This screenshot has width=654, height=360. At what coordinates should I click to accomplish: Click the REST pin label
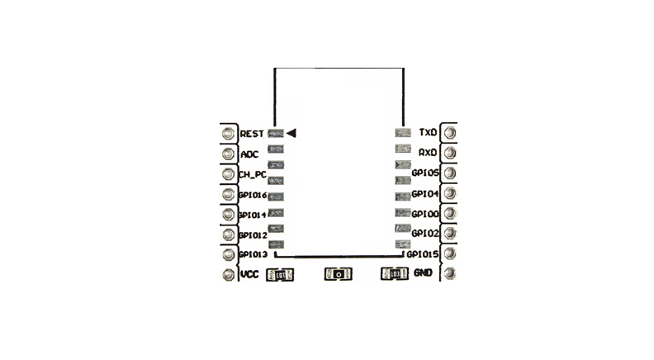point(252,133)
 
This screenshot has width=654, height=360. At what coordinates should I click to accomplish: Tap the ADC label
point(249,154)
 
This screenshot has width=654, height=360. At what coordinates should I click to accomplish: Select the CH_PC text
point(252,174)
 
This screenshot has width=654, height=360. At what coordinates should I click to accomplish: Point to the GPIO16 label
point(252,195)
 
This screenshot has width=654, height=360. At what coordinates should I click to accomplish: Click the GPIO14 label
point(252,215)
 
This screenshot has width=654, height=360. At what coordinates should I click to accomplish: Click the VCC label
point(250,274)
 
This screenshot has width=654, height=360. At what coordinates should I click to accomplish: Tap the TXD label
point(428,132)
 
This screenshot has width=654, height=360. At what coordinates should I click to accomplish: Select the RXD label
point(428,153)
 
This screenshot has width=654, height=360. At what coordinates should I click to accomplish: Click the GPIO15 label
point(422,253)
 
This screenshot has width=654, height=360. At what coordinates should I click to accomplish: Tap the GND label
point(423,273)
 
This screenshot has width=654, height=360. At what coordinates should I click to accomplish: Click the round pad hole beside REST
point(227,133)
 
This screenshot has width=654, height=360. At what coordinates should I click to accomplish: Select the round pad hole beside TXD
point(449,132)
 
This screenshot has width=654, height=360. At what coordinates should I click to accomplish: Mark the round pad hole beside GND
point(449,273)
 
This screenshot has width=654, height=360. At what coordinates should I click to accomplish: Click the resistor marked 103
point(394,274)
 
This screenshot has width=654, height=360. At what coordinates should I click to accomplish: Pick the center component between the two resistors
point(337,274)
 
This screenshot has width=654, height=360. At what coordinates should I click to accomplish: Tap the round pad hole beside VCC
point(227,275)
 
